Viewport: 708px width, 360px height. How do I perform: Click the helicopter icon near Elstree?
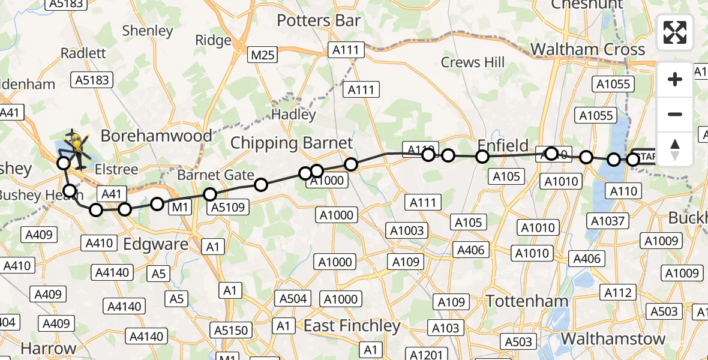click(76, 147)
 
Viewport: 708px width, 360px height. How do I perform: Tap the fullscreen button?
click(675, 32)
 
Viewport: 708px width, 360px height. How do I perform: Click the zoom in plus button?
click(675, 79)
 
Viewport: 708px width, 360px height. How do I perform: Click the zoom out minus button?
click(675, 114)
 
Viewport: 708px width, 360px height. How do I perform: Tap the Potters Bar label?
click(319, 20)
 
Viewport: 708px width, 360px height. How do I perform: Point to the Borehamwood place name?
click(156, 136)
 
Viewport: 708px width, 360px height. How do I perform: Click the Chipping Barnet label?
click(292, 143)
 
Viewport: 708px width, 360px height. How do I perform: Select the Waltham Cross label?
click(587, 49)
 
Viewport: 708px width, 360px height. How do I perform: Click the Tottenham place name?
click(527, 301)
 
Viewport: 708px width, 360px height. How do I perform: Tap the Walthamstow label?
click(613, 338)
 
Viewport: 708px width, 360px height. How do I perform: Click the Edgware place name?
click(155, 244)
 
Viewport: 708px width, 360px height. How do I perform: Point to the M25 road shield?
click(263, 56)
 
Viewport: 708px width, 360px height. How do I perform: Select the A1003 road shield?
click(407, 230)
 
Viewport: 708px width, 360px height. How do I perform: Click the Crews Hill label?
click(472, 62)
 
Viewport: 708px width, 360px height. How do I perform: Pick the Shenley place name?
click(147, 31)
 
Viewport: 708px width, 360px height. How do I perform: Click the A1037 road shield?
click(608, 221)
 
